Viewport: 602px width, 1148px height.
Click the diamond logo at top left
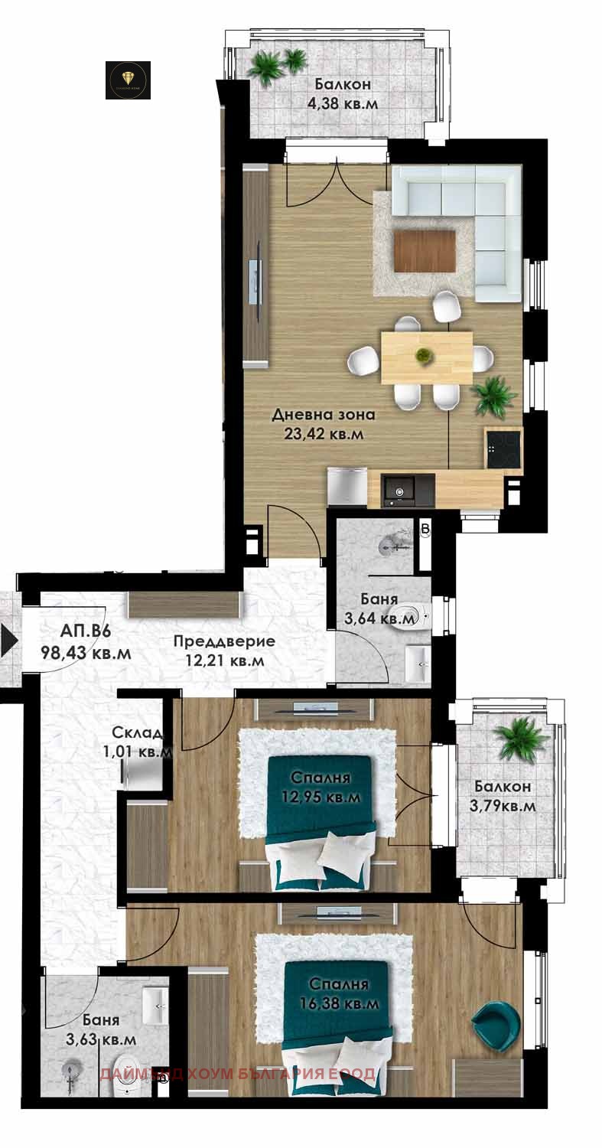point(127,80)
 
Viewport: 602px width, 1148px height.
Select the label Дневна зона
point(324,416)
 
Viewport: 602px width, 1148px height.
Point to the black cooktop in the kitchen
point(503,448)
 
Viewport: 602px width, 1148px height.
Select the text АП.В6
point(86,632)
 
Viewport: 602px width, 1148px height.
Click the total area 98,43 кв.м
point(86,654)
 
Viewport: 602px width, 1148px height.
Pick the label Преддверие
point(223,641)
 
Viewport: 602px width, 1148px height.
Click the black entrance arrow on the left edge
point(8,640)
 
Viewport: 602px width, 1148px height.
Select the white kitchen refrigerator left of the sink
point(347,488)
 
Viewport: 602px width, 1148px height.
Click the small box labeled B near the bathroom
point(426,530)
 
